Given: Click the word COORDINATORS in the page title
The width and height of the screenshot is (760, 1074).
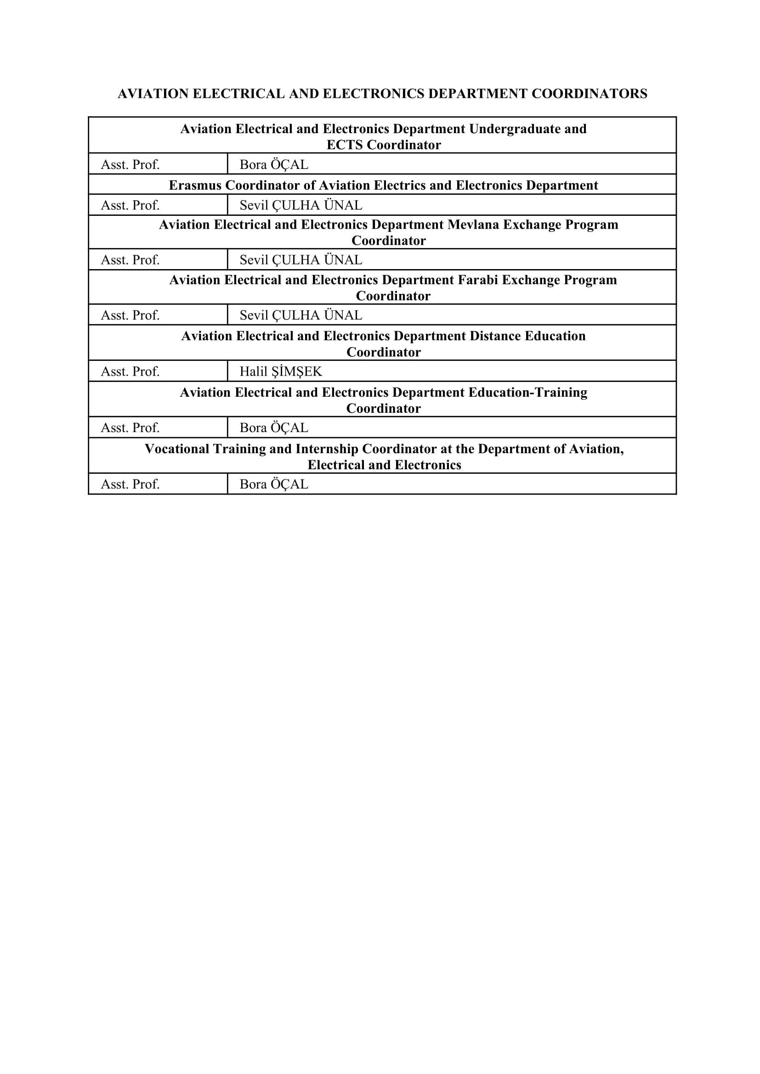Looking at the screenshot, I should coord(589,94).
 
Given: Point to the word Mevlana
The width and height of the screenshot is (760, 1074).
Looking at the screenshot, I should coord(473,225).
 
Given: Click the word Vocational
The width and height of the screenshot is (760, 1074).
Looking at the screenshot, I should coord(177,449).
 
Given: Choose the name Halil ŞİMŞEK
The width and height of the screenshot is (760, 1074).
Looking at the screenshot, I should coord(281,371).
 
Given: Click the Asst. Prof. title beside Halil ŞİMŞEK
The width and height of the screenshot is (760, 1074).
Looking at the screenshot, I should coord(130,371).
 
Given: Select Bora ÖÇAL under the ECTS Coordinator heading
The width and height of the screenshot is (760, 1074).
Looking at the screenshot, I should coord(274,165).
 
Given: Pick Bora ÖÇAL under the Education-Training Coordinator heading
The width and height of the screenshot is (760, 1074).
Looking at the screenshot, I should coord(274,427).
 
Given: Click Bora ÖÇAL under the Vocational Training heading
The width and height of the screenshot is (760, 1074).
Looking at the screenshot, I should coord(274,484).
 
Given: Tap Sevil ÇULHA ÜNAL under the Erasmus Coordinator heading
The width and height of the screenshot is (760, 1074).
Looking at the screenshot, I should coord(301,205).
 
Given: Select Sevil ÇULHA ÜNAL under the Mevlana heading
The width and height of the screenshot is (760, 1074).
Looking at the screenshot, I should coord(301,259).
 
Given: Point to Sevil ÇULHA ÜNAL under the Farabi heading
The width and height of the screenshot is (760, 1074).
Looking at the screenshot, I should coord(301,315).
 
